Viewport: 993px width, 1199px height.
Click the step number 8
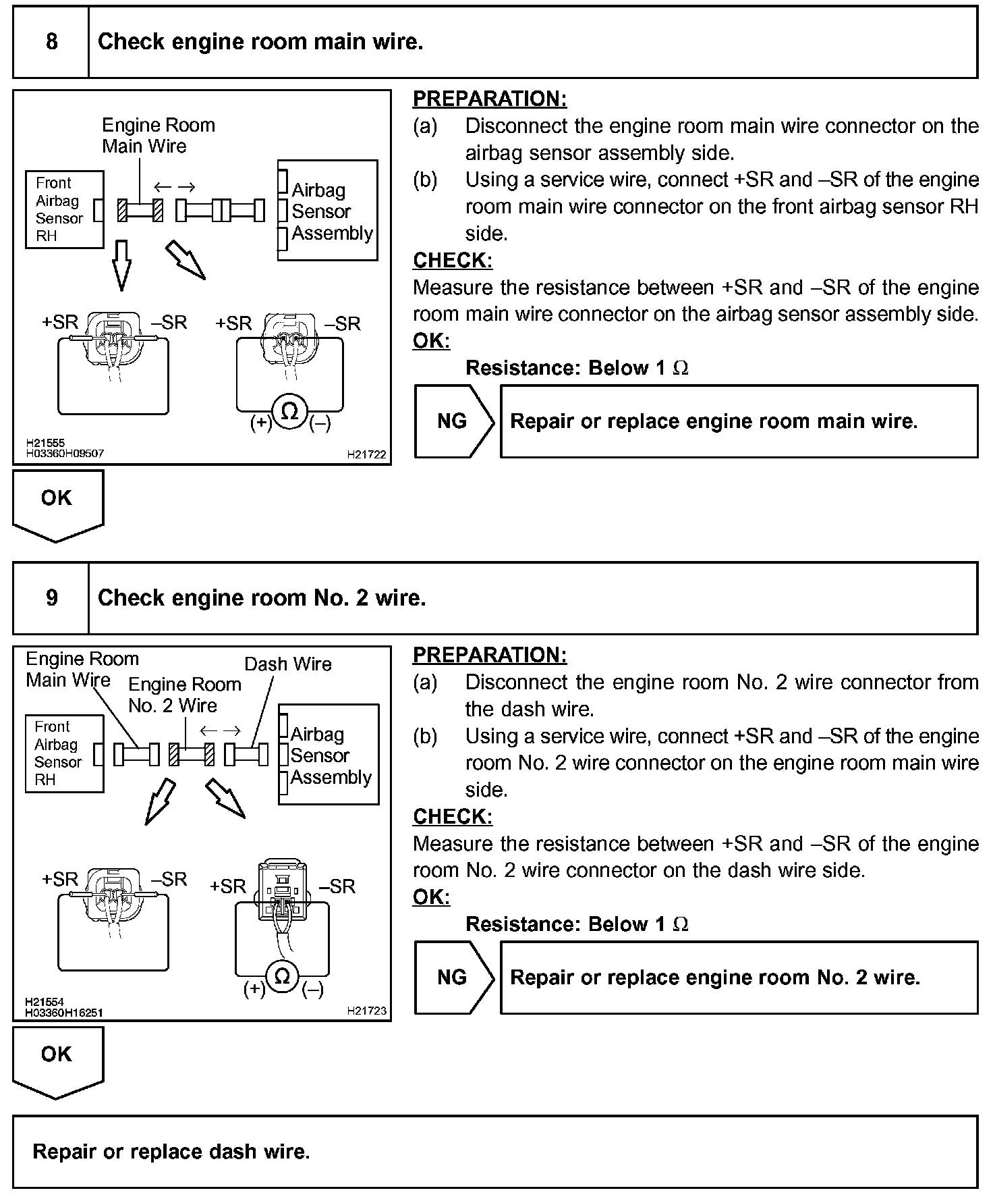(51, 42)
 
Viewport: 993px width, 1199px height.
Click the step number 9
(51, 598)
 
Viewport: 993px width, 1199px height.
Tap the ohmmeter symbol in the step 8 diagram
(289, 411)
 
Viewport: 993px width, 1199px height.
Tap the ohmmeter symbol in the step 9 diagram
(283, 976)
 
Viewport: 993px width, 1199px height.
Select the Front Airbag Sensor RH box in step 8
(65, 209)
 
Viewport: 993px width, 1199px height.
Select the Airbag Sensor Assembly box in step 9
(329, 755)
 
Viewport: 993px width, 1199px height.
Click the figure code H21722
(367, 455)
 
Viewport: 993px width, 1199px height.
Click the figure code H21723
(367, 1011)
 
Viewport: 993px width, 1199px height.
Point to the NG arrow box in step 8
(453, 421)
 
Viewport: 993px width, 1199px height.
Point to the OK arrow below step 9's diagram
(57, 1061)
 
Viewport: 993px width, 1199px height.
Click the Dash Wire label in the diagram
(288, 664)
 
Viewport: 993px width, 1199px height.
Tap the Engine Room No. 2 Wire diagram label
(184, 695)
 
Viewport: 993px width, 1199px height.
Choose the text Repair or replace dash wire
(171, 1151)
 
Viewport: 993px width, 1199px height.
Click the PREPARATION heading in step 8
(490, 99)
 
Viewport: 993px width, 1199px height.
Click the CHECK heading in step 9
(453, 816)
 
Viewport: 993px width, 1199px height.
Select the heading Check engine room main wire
(260, 42)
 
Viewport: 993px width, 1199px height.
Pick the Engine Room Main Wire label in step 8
(158, 135)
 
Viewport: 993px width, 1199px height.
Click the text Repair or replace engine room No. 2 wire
(715, 977)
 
